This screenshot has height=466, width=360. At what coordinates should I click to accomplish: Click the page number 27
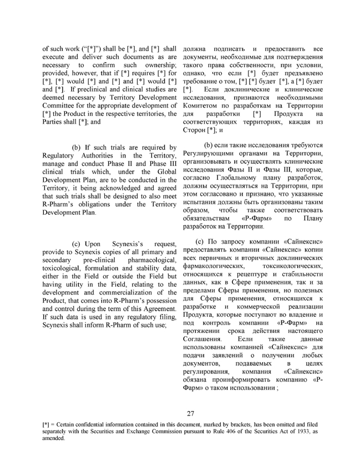click(x=190, y=413)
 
